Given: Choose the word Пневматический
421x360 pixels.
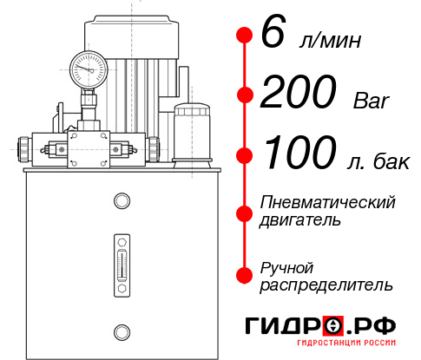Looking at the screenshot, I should point(328,202).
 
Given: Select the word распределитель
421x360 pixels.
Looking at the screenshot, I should point(326,284).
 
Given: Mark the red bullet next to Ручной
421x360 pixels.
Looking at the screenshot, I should point(244,274).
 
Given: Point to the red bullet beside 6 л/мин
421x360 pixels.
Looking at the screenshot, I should point(244,36).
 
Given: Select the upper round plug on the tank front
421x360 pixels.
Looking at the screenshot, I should point(121,201).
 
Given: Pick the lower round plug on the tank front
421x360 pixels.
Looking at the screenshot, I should point(121,330).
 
